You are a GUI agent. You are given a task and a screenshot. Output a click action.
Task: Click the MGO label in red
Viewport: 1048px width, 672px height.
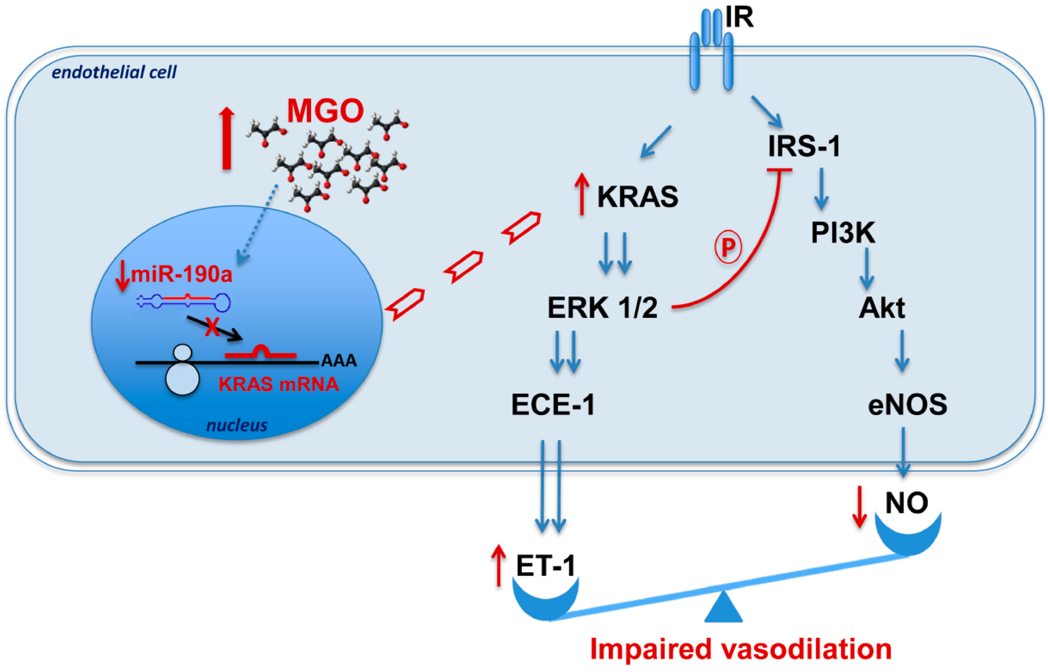pyautogui.click(x=325, y=111)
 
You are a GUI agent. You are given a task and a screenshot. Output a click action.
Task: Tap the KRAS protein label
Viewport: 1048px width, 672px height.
pyautogui.click(x=638, y=197)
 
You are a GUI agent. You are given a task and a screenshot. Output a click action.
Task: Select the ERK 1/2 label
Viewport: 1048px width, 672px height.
pyautogui.click(x=602, y=308)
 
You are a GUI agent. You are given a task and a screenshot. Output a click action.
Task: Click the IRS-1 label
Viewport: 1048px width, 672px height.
pyautogui.click(x=804, y=146)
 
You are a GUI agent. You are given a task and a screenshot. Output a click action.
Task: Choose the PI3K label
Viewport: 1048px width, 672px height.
pyautogui.click(x=842, y=233)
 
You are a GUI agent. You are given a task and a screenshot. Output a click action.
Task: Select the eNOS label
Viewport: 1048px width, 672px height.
pyautogui.click(x=907, y=405)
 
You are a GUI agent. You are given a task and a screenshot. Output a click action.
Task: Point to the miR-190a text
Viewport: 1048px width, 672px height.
pyautogui.click(x=181, y=274)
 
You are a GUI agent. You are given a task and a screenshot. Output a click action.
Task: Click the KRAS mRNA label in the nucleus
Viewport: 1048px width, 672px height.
pyautogui.click(x=279, y=385)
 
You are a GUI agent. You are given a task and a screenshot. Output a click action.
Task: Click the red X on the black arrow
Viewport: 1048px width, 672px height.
pyautogui.click(x=213, y=327)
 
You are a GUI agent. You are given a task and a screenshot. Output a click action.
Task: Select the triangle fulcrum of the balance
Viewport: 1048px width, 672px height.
pyautogui.click(x=723, y=607)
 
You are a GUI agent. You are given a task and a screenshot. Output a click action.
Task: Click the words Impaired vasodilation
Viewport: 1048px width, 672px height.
pyautogui.click(x=741, y=649)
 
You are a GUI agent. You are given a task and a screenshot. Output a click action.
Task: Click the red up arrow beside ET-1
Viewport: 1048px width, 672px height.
pyautogui.click(x=498, y=565)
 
